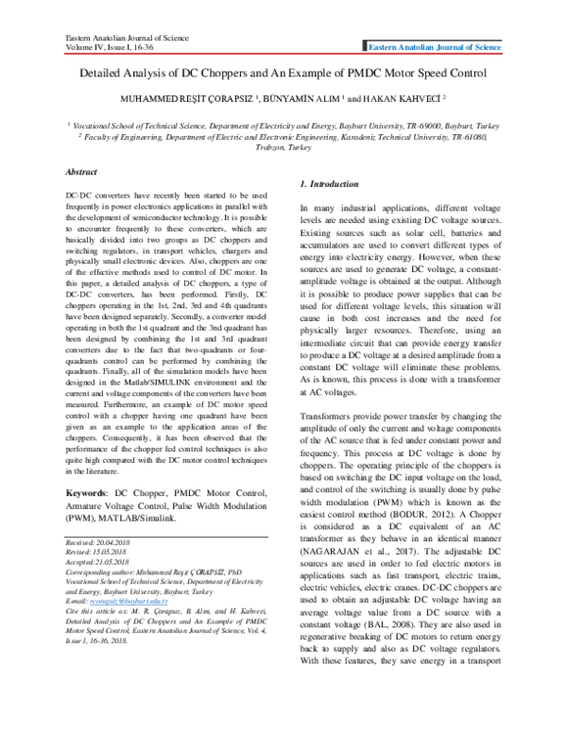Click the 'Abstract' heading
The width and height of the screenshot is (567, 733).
coord(81,173)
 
